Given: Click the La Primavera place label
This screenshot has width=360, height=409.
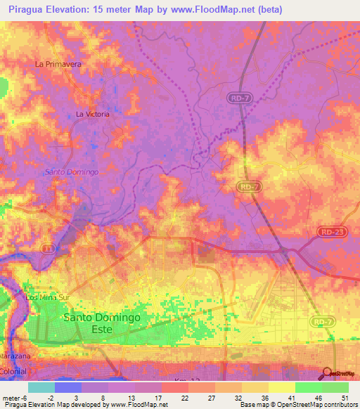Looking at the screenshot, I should point(59,63).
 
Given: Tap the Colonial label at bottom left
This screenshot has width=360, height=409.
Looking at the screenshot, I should point(12,371).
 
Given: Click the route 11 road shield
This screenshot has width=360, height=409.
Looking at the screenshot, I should point(47,248).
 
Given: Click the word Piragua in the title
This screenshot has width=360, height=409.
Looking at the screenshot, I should point(28,8).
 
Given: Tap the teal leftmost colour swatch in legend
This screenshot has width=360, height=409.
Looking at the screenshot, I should point(41,387).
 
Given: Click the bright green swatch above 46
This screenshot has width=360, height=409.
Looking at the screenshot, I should point(309,387).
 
